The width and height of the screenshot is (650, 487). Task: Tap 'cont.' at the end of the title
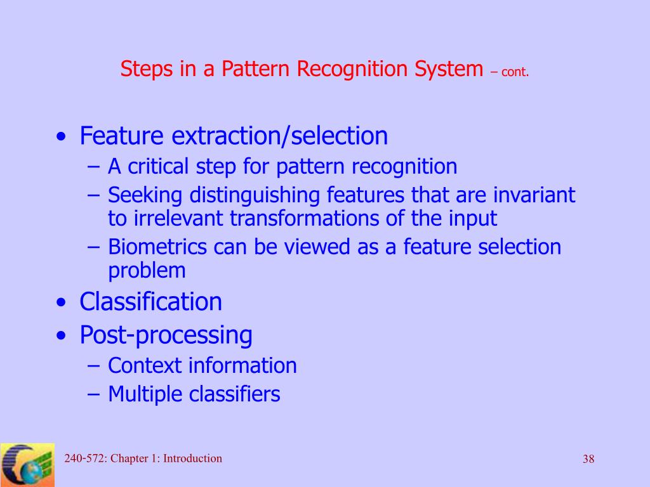(x=515, y=72)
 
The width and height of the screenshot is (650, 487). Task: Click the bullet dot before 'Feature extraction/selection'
(x=60, y=138)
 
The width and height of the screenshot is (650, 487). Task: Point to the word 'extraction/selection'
(x=280, y=136)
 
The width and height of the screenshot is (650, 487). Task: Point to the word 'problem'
(x=147, y=271)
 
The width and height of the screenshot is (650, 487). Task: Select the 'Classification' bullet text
(x=150, y=302)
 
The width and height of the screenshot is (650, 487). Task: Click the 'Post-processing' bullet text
(x=166, y=335)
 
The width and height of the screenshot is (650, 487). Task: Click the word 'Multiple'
(x=146, y=394)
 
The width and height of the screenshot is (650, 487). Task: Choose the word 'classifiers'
(x=235, y=394)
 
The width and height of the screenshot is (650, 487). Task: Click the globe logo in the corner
(x=27, y=465)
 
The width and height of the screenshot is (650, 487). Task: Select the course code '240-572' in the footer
(x=84, y=458)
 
